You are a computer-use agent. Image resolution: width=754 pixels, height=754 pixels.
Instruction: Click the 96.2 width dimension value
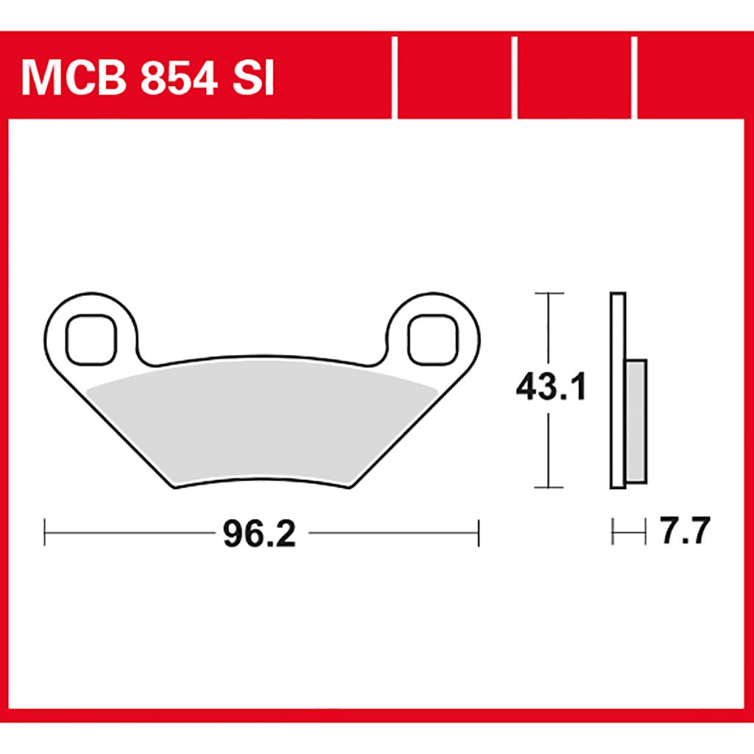(x=259, y=534)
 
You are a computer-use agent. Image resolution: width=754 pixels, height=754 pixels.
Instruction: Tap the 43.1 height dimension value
(x=551, y=387)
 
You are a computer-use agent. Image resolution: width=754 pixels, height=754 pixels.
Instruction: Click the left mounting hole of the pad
(x=91, y=339)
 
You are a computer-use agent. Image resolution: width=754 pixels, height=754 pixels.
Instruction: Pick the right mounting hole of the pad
(x=433, y=339)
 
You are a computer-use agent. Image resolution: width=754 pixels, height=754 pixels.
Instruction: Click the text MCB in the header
(x=74, y=79)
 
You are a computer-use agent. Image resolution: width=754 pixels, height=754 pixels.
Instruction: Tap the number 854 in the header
(x=179, y=79)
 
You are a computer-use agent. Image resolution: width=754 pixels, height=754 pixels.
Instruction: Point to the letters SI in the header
(x=253, y=79)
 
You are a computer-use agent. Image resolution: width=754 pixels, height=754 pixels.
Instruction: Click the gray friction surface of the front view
(x=262, y=423)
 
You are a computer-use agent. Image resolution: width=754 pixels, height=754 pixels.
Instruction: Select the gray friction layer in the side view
(x=635, y=421)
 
